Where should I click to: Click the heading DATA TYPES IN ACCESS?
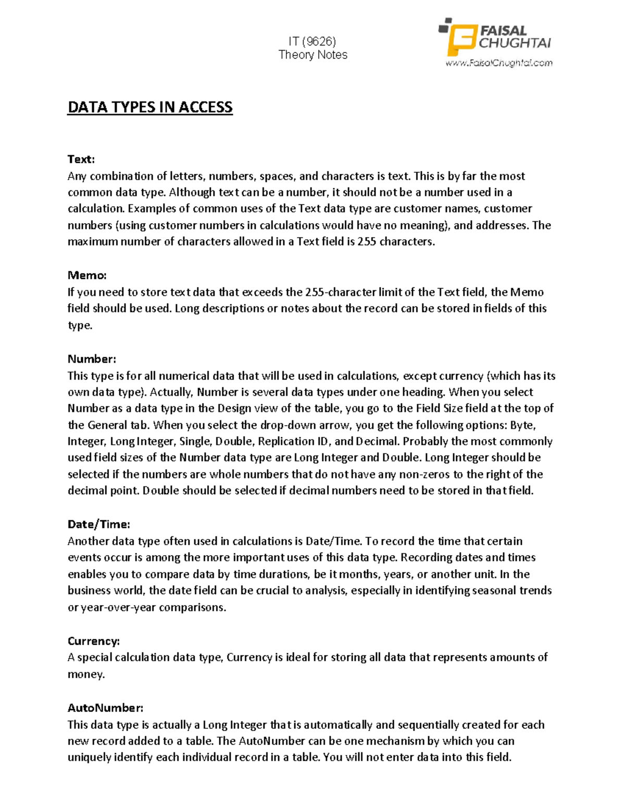(x=150, y=107)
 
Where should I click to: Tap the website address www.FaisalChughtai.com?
(x=498, y=63)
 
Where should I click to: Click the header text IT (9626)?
(x=312, y=42)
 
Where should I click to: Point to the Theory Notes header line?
(x=312, y=55)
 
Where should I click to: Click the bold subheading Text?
(x=81, y=159)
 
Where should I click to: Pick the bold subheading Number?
(x=92, y=359)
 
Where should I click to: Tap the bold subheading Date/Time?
(x=99, y=524)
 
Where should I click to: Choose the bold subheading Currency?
(x=94, y=641)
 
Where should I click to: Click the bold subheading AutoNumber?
(x=105, y=708)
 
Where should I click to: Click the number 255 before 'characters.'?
(x=367, y=242)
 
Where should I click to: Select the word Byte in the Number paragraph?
(x=522, y=425)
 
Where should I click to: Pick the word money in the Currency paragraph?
(x=85, y=675)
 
